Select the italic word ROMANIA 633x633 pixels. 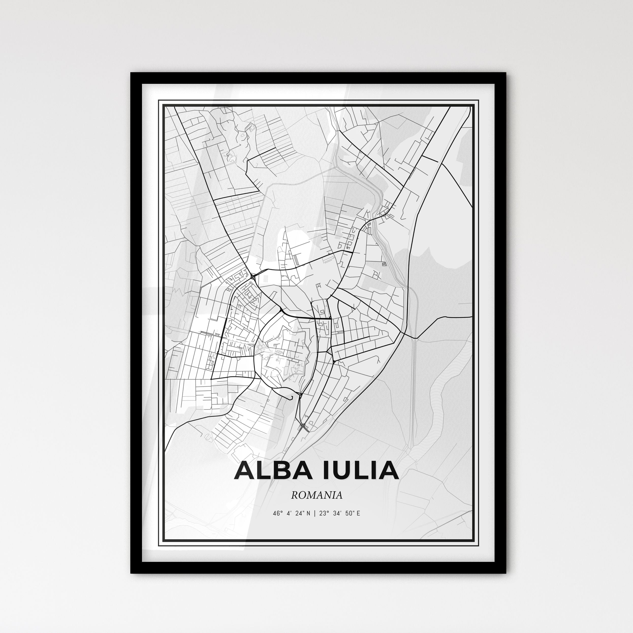317,495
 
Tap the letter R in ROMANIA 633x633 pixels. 294,495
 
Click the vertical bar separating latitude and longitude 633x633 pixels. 314,513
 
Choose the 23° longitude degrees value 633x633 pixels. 324,513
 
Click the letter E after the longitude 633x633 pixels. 358,513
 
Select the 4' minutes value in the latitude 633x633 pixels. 288,513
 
